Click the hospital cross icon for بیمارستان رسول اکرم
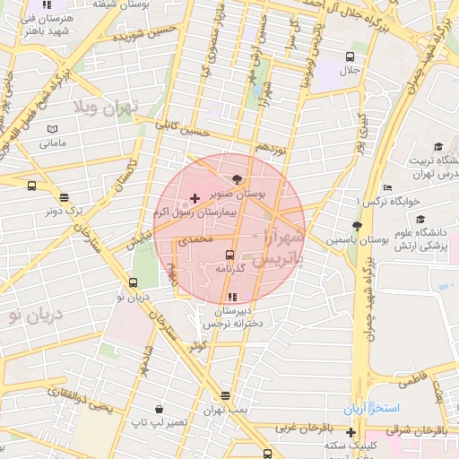coord(195,195)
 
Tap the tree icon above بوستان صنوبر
coord(237,178)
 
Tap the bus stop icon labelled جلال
coord(348,56)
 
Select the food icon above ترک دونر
coord(63,198)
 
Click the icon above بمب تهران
coord(224,395)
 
